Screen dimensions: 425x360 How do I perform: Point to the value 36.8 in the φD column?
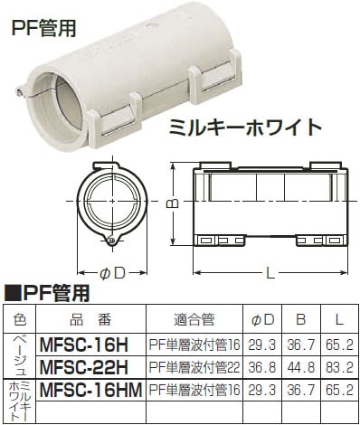click(x=265, y=365)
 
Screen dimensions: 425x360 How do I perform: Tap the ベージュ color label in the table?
click(x=20, y=354)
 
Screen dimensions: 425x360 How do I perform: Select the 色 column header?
click(x=20, y=319)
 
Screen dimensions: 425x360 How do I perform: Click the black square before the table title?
click(x=13, y=293)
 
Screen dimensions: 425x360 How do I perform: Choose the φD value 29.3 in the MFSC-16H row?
click(x=265, y=345)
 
